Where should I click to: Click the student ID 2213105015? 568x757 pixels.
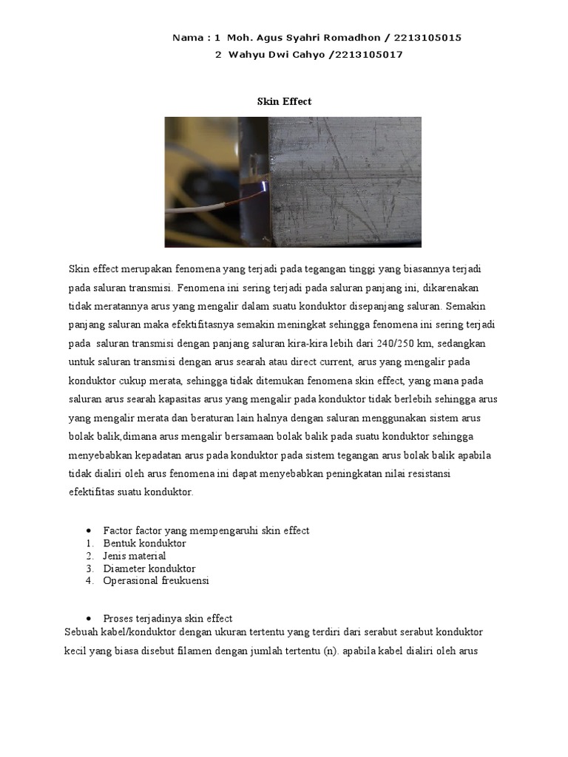427,38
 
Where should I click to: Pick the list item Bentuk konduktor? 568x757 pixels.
145,543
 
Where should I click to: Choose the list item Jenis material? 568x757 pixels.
135,556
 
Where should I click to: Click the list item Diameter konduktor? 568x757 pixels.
149,568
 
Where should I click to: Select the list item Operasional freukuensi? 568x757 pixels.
157,581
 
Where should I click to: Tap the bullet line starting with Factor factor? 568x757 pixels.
206,531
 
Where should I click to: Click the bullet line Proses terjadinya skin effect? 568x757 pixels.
168,618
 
